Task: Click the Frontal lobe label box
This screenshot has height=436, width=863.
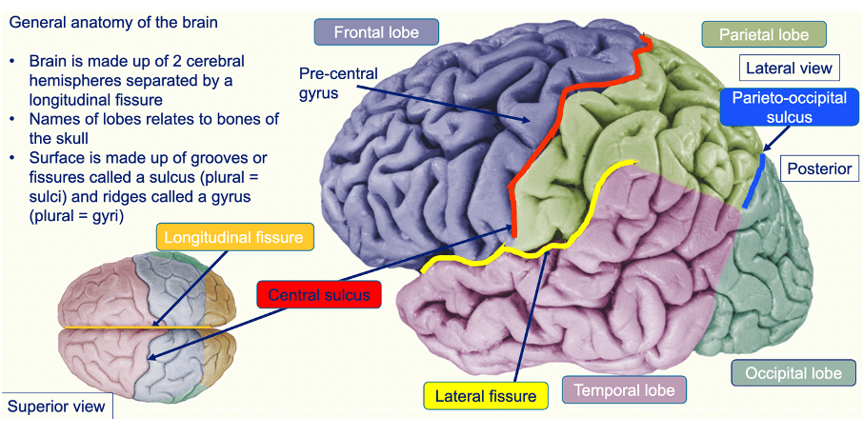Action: point(376,32)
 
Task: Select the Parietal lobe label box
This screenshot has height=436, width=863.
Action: point(764,35)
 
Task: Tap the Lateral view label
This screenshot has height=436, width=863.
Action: point(790,69)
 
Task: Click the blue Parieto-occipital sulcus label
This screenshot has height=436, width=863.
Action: point(776,108)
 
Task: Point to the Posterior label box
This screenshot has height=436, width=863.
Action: point(818,169)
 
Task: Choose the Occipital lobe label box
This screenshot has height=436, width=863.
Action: point(792,372)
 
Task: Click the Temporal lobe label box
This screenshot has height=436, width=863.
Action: point(624,389)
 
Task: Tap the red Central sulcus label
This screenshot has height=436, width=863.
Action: point(318,295)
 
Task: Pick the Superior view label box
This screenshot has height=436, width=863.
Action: point(55,406)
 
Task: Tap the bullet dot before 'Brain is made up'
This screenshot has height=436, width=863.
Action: point(12,61)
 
